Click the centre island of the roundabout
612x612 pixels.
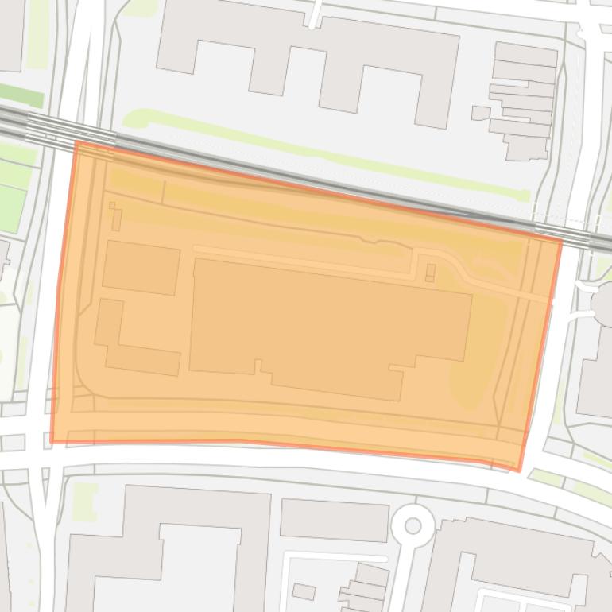(413, 525)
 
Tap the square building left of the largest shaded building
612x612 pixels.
(141, 268)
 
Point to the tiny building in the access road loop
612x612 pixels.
(431, 273)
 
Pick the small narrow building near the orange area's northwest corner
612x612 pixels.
(115, 217)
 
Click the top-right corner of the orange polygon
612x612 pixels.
(561, 241)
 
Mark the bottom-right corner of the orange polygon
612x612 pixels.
(520, 470)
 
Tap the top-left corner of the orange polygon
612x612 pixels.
(76, 142)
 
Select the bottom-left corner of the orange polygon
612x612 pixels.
(52, 441)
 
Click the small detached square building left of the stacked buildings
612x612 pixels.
(480, 113)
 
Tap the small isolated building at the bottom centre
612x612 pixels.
(304, 591)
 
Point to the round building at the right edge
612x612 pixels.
(602, 300)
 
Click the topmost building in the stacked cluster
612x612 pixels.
(525, 55)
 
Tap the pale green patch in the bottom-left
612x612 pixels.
(84, 501)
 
